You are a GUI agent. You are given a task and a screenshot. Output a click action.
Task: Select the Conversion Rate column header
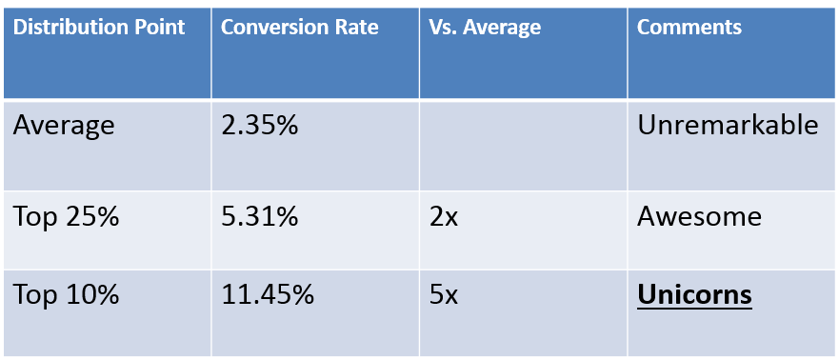[299, 28]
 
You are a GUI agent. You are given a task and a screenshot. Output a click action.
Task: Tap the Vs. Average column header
[485, 28]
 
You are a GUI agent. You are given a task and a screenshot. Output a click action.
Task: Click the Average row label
[64, 125]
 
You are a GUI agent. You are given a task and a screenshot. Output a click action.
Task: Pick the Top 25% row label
[66, 216]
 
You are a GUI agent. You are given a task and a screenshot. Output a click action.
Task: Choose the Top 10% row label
[66, 295]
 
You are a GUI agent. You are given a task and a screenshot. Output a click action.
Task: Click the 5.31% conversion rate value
[258, 216]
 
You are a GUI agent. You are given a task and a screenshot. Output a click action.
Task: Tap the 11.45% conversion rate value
[268, 295]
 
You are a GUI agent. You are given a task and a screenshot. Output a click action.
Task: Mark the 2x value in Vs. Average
[444, 216]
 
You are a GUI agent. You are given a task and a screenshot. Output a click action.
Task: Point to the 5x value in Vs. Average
[444, 295]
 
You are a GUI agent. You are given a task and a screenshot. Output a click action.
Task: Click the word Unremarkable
[728, 125]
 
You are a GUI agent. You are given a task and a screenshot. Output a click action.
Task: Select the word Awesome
[699, 216]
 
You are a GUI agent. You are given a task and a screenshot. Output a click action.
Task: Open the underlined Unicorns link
[694, 295]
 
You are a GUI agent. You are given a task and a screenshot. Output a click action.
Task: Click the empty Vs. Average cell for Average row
[523, 144]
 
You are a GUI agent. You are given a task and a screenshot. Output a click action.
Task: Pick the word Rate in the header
[356, 28]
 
